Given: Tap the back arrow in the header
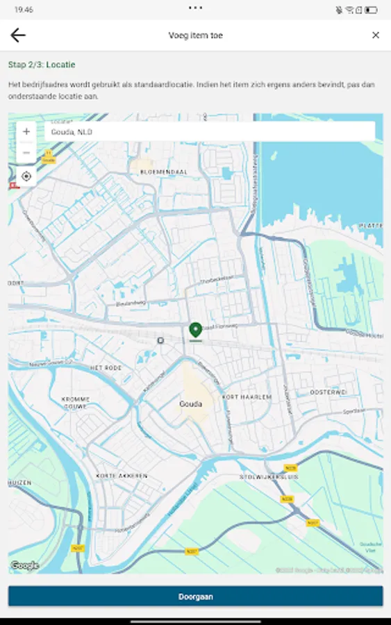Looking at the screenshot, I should click(17, 35).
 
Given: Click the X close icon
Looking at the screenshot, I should click(376, 35).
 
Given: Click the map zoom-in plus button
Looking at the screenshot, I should click(26, 131).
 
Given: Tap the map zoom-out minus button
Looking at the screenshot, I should click(26, 152).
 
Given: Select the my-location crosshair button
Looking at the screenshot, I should click(26, 176).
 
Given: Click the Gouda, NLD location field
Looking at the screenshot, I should click(209, 131).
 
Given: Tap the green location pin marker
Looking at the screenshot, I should click(195, 331).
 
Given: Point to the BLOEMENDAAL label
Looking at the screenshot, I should click(163, 172).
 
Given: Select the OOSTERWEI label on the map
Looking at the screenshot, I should click(328, 392).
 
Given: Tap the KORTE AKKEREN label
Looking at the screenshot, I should click(122, 476).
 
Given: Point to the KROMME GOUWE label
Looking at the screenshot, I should click(76, 403).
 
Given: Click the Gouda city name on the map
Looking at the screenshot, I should click(190, 404).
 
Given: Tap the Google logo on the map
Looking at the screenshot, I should click(25, 565).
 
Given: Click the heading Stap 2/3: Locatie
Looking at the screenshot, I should click(42, 65).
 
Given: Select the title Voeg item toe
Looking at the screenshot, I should click(195, 35).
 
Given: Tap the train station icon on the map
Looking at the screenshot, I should click(160, 340).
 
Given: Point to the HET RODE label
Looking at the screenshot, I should click(106, 367).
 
